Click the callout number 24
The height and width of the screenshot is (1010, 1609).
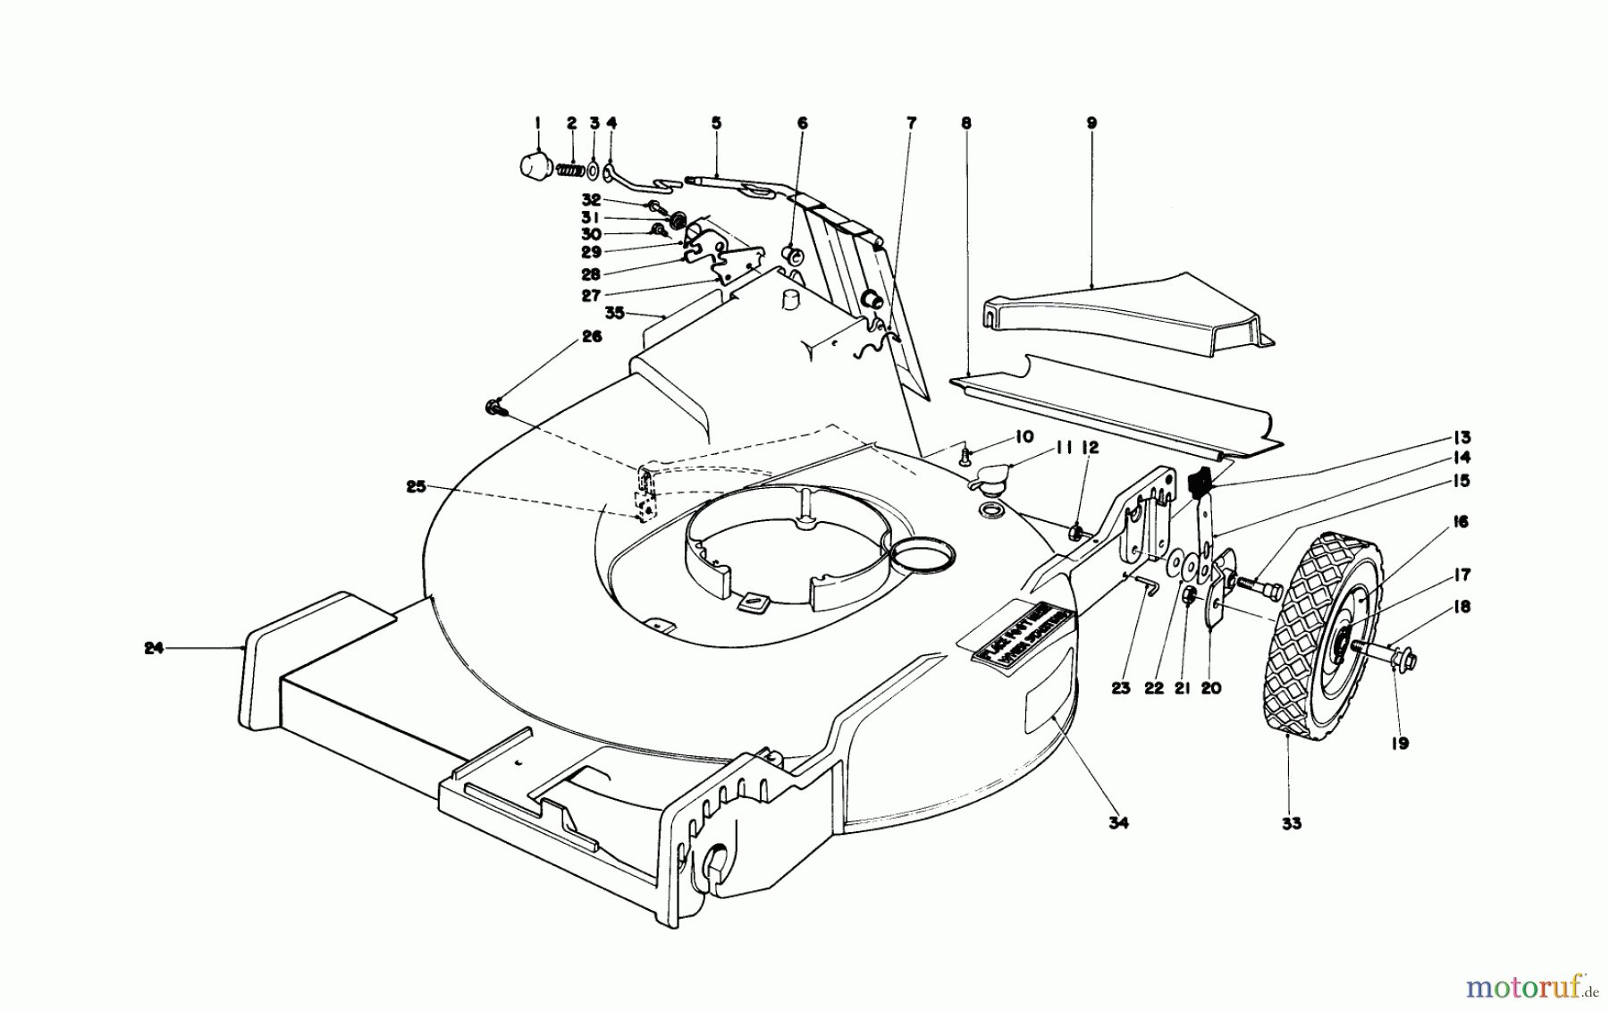coord(154,648)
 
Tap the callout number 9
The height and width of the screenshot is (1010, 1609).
coord(1091,122)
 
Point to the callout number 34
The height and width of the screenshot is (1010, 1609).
coord(1118,823)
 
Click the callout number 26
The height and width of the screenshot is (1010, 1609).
coord(592,337)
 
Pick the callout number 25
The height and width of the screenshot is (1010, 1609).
coord(415,487)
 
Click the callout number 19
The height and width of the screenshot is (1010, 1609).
coord(1400,743)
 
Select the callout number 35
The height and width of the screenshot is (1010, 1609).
coord(613,313)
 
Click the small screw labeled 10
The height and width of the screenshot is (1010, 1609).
coord(965,456)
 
